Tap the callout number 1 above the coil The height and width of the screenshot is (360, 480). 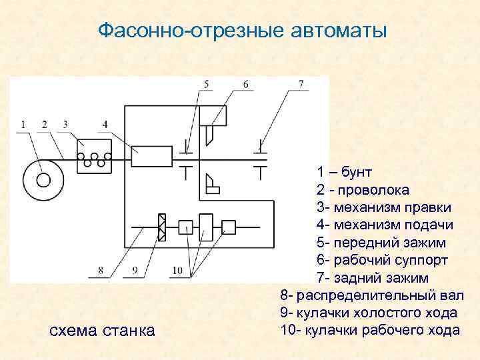tap(23, 124)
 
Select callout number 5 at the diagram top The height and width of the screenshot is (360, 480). tap(206, 84)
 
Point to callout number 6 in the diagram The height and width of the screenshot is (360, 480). tap(246, 84)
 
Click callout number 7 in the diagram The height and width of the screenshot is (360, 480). tap(301, 84)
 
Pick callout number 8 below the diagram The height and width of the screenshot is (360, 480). tap(101, 270)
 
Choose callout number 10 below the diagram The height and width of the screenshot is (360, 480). tap(177, 270)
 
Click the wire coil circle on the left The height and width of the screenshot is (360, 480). tap(43, 179)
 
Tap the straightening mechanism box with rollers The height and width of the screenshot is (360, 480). tap(95, 157)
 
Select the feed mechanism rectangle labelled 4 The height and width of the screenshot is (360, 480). tap(152, 157)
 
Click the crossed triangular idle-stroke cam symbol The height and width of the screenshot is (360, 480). tap(161, 228)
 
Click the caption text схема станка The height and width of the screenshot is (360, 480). tap(103, 330)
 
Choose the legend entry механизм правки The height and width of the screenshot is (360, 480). tap(383, 207)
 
